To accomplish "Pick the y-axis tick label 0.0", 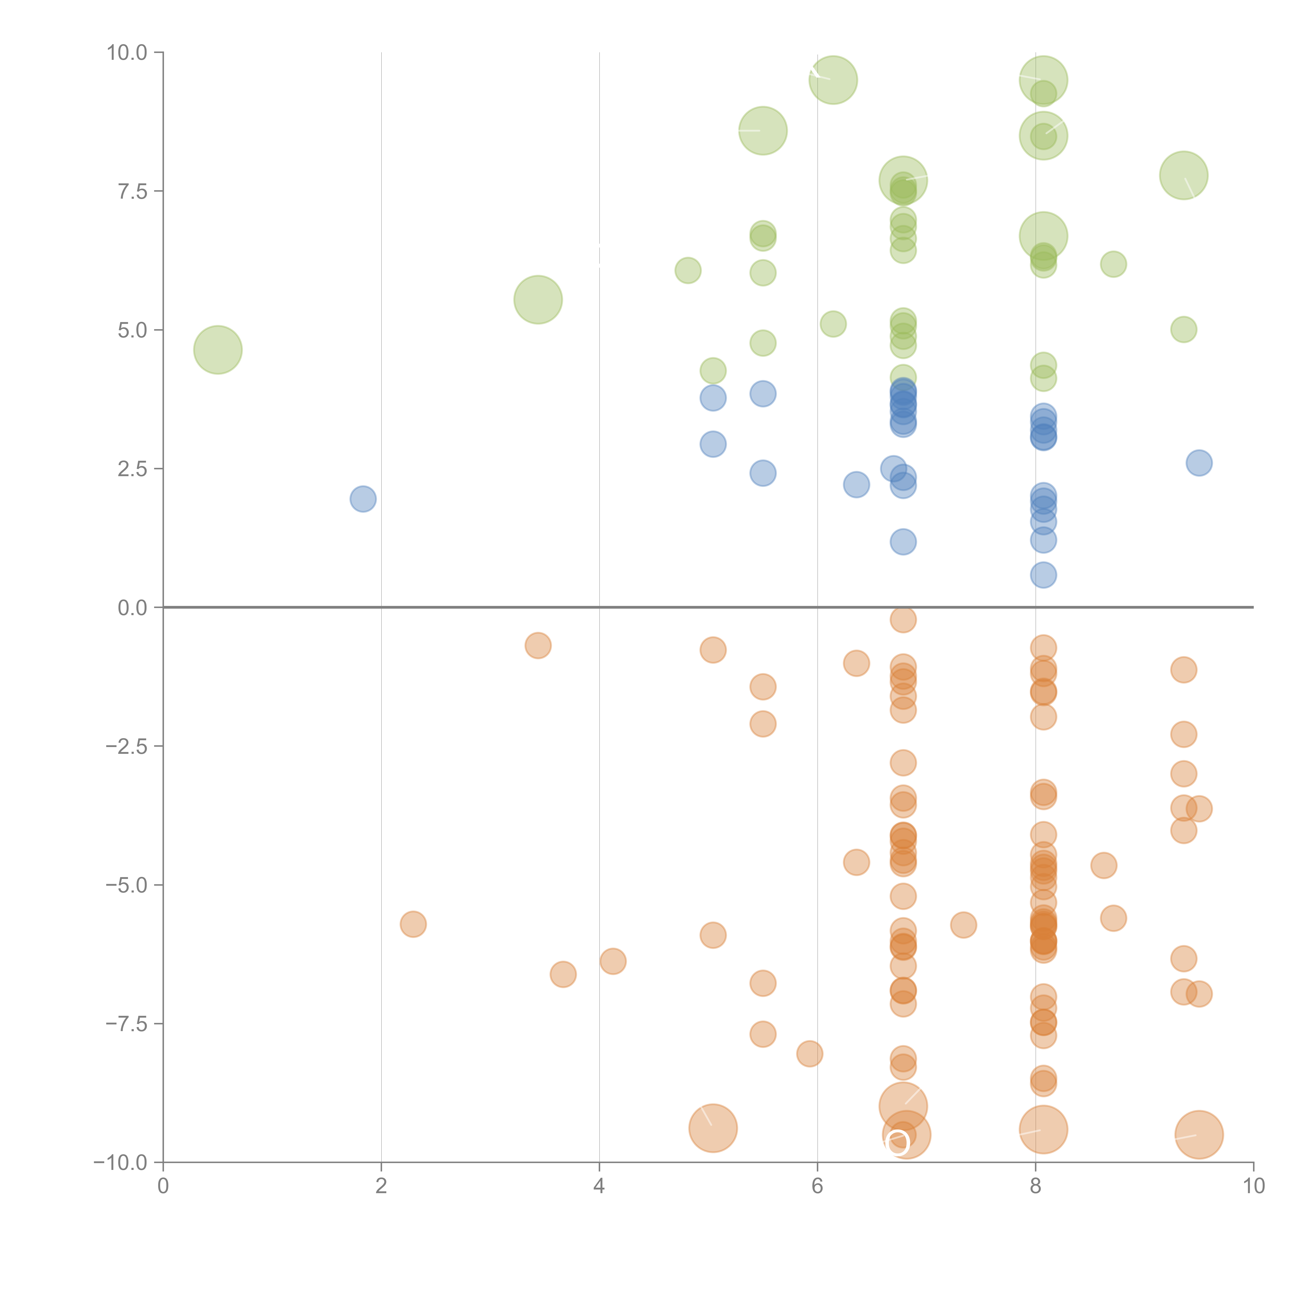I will point(132,608).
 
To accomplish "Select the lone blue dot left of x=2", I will point(363,499).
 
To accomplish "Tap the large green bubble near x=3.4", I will point(538,299).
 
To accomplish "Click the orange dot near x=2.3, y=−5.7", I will point(413,924).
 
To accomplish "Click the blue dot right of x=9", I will point(1199,463).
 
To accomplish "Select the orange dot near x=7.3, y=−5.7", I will point(963,925).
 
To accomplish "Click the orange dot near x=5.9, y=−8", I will point(809,1053).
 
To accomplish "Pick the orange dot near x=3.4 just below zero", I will point(538,646).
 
